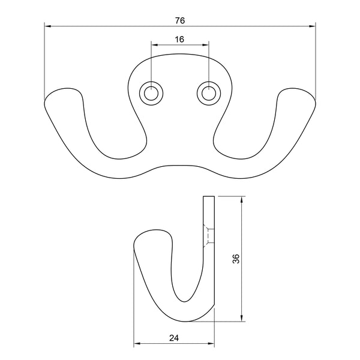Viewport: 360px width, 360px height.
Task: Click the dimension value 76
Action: [179, 20]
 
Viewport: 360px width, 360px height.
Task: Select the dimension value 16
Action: [179, 39]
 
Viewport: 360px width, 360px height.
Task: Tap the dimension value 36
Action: [236, 259]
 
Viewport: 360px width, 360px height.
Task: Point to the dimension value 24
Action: [174, 338]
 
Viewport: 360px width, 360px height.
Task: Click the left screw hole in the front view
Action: [151, 94]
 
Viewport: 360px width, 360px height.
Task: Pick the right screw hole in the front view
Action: [208, 94]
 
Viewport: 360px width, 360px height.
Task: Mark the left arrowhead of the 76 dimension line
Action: [47, 26]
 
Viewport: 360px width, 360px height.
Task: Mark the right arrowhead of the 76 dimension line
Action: [313, 26]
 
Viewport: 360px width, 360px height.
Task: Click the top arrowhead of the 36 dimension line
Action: [242, 199]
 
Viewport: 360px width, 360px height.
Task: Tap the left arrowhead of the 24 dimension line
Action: [136, 344]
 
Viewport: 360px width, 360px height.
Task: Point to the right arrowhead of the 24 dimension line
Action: [211, 344]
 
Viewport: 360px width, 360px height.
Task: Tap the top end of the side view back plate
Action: [208, 197]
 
